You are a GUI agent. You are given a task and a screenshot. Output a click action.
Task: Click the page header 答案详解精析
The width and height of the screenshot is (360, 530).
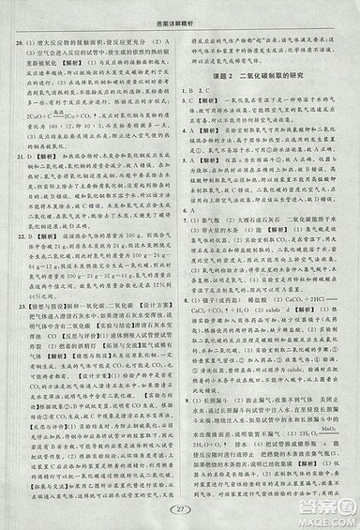(179, 9)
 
